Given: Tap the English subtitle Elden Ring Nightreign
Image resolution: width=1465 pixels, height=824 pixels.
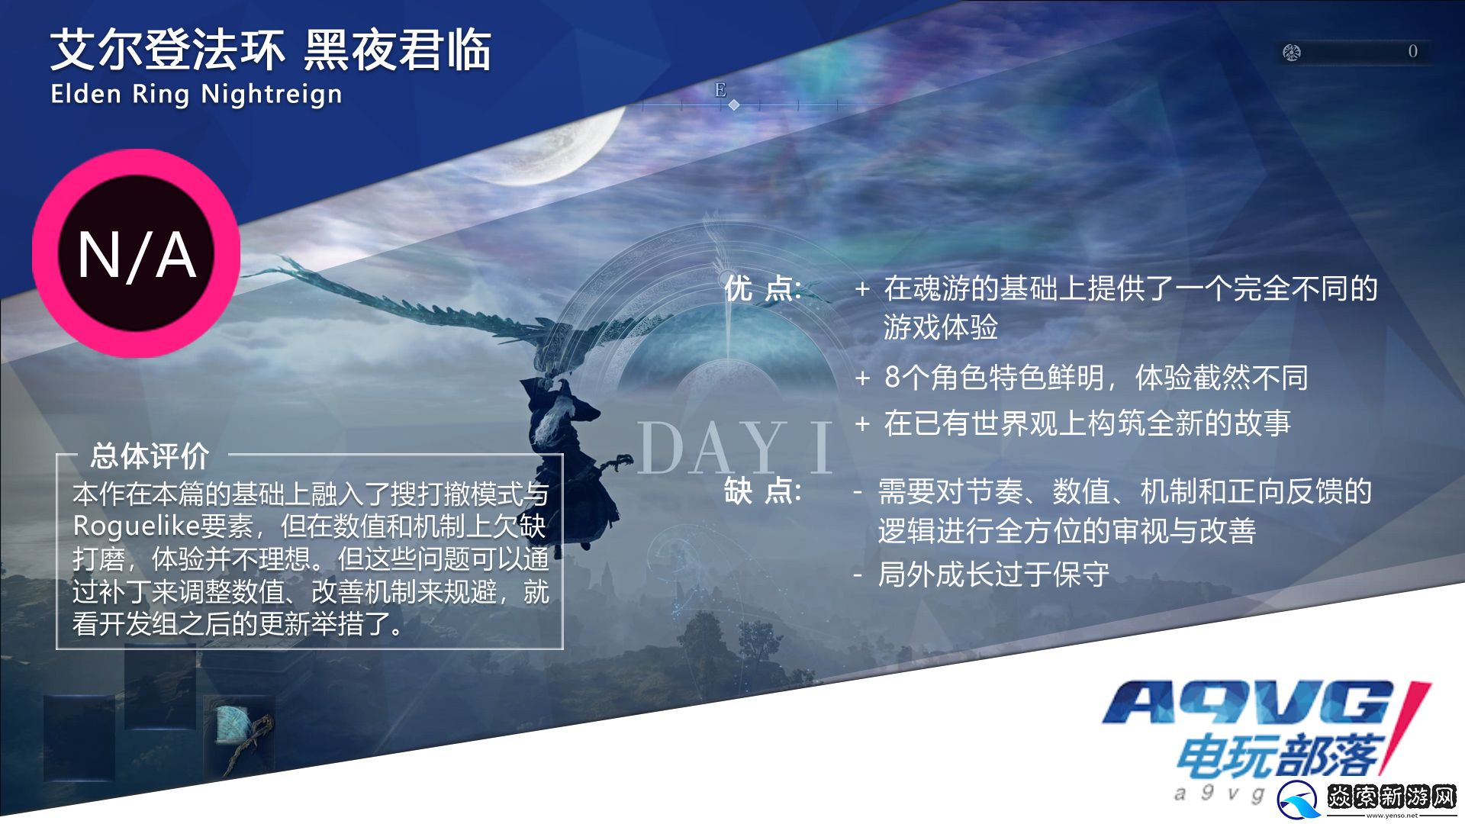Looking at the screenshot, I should click(196, 95).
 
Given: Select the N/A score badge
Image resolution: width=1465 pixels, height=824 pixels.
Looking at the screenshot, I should click(137, 253).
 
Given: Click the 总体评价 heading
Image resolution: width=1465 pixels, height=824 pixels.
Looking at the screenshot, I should click(150, 455).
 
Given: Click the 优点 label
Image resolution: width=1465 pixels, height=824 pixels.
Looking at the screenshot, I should click(762, 288).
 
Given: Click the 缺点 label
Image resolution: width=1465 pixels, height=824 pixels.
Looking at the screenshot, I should click(762, 491).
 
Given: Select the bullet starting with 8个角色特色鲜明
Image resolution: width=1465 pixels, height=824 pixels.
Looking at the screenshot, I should click(1096, 377).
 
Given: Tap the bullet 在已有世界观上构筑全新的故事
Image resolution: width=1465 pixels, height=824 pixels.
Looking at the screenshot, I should click(1087, 423).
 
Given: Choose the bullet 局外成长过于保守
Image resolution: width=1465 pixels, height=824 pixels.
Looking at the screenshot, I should click(993, 574).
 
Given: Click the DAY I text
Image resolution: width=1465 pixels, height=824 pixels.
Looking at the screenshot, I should click(734, 448).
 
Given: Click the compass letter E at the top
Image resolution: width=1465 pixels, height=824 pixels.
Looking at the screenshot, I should click(720, 90).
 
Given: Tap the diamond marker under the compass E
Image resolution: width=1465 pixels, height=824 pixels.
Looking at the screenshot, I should click(734, 105).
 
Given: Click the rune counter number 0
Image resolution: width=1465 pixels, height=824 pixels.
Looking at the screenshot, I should click(1412, 51).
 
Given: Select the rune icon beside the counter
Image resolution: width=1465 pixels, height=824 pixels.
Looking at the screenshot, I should click(1291, 52).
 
